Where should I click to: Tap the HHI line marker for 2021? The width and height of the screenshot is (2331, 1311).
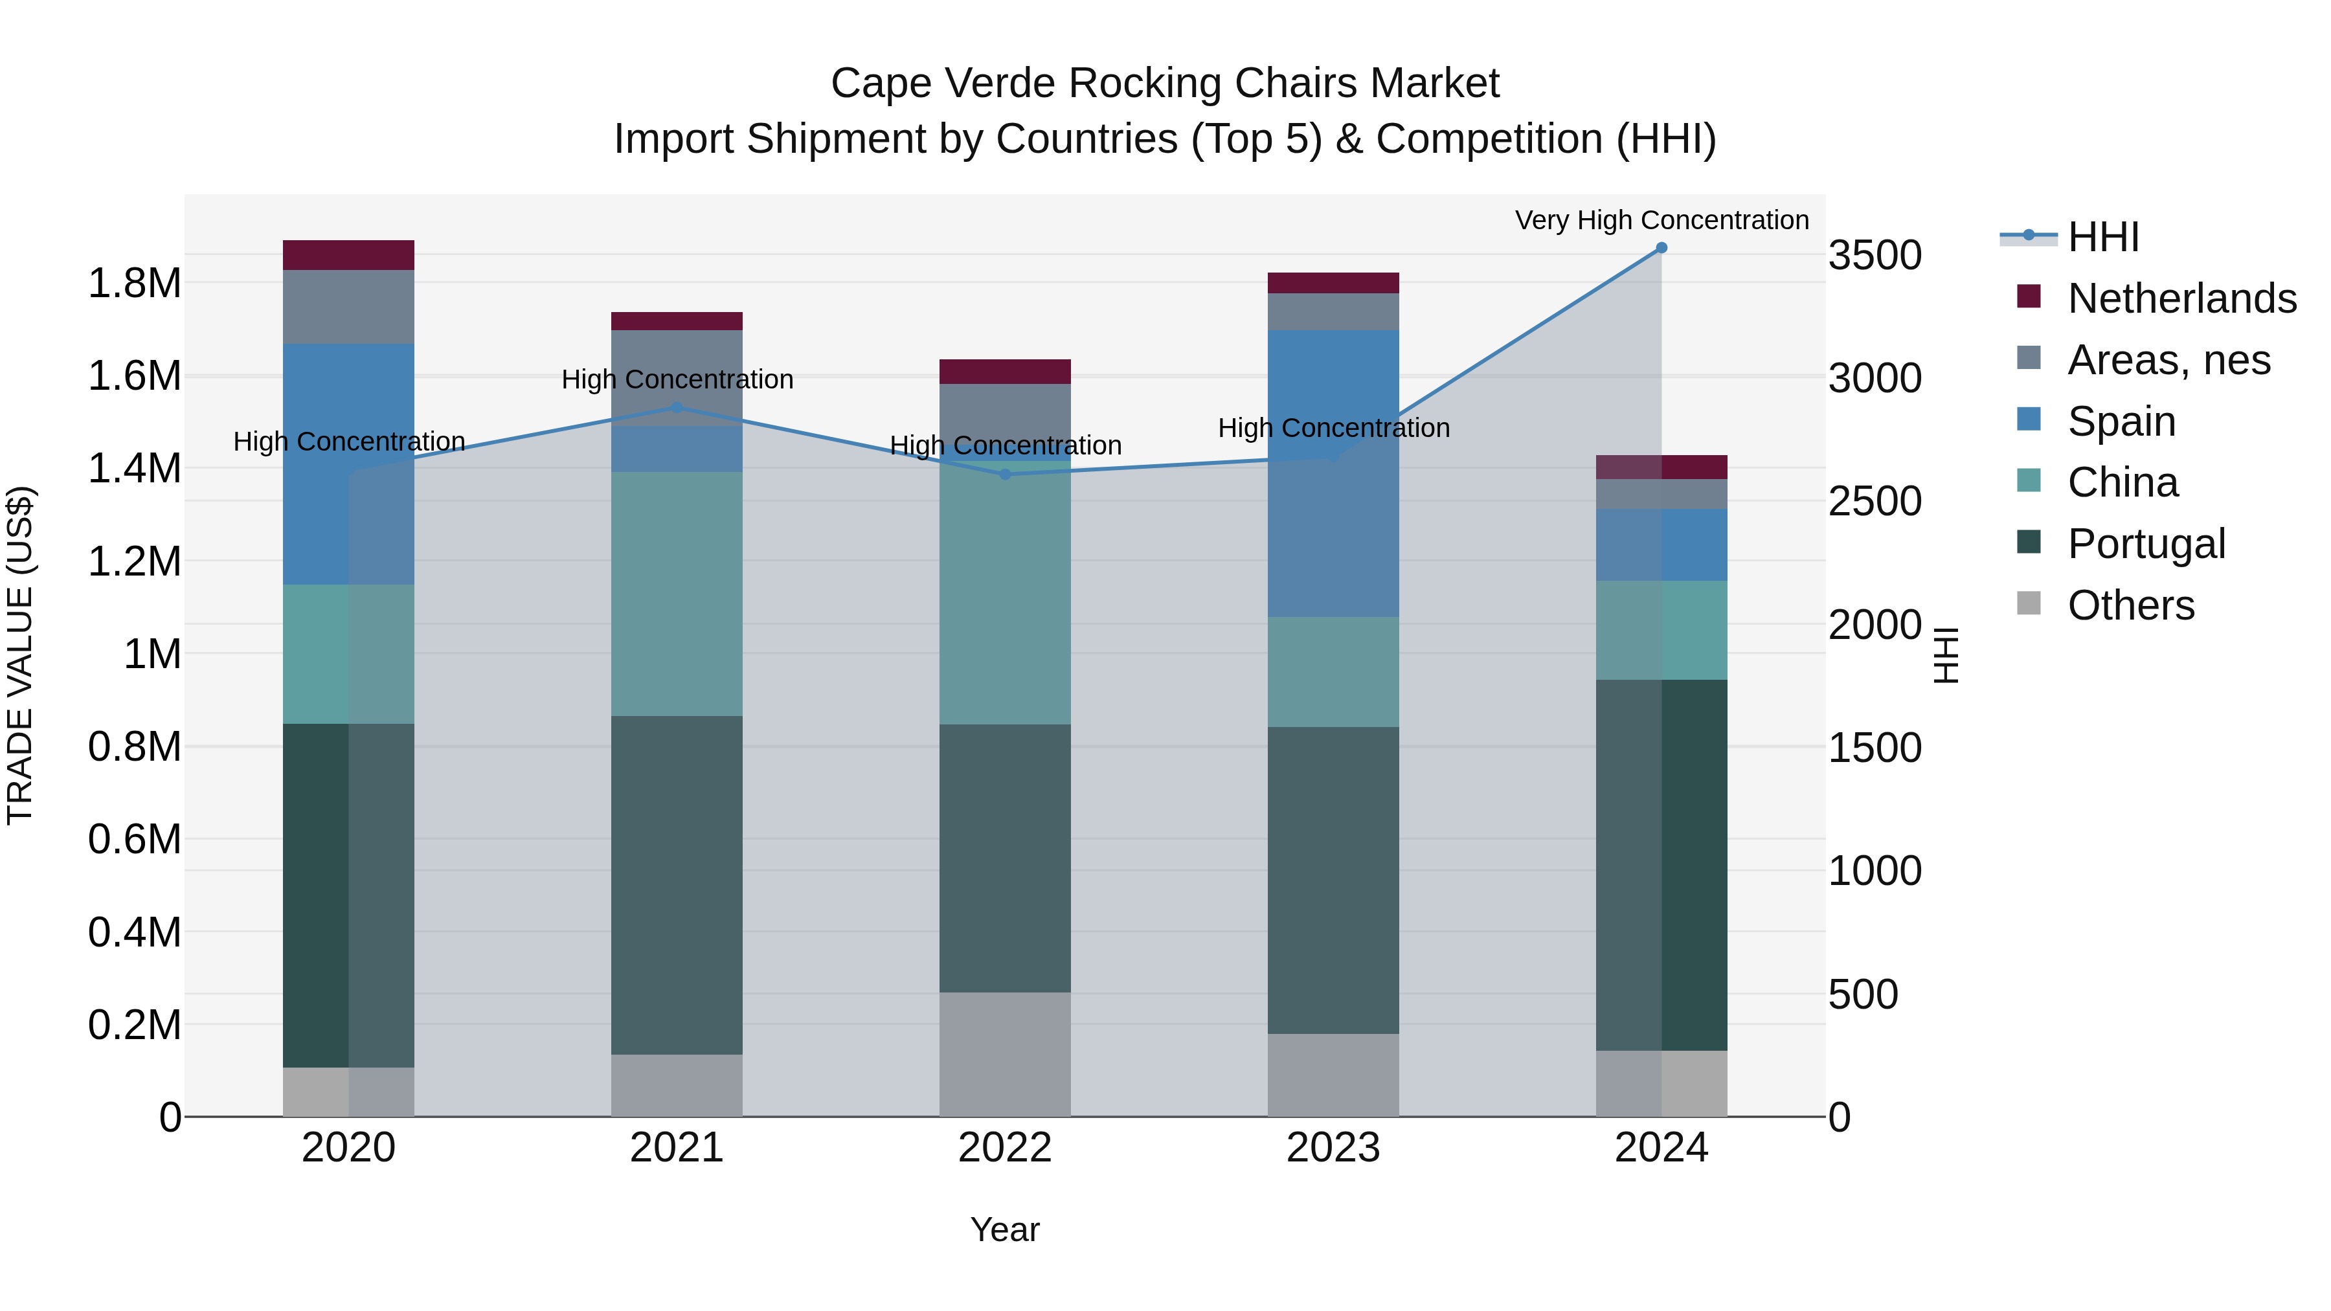click(x=677, y=408)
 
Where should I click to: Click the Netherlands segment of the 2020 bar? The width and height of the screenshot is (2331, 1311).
click(x=348, y=255)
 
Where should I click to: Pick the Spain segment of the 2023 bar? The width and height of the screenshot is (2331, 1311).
click(x=1333, y=473)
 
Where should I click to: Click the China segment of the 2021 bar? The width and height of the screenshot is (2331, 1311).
click(x=677, y=594)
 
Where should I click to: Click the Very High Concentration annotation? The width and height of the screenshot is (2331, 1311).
click(x=1661, y=221)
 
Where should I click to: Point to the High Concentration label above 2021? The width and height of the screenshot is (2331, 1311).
click(x=677, y=380)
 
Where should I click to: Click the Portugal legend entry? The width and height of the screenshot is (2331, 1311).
click(x=2146, y=544)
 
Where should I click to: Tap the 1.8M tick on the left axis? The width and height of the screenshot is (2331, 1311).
click(x=135, y=283)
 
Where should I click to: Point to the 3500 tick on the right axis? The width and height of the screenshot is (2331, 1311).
click(x=1874, y=255)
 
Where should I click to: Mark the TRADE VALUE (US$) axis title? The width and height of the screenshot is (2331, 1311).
click(x=20, y=655)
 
